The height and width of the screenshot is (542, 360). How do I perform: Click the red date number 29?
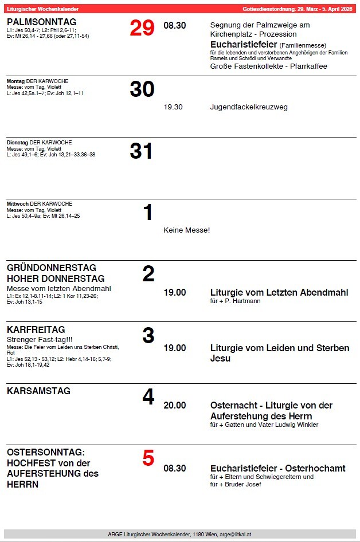coord(142,28)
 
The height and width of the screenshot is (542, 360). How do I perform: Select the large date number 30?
coord(142,89)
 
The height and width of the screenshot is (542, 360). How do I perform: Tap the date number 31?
coord(142,151)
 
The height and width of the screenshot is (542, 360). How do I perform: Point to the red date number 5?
coord(148,458)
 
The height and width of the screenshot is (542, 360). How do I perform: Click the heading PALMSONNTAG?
coord(41,22)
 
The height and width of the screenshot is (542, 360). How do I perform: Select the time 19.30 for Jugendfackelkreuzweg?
coord(173,107)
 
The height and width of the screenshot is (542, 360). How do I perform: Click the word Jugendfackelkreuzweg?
coord(249,107)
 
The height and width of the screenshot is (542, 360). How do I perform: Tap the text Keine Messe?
coord(187,230)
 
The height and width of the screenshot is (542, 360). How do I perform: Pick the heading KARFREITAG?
coord(36,330)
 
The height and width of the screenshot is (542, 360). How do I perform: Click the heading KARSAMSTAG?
coord(39,391)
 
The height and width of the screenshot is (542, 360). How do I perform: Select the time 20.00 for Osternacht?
coord(175,406)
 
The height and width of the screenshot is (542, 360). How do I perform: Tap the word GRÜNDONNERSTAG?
coord(52,268)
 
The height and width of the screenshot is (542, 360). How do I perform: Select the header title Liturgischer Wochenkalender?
coord(42,9)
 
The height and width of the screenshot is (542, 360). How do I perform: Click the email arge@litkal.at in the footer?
coord(236,534)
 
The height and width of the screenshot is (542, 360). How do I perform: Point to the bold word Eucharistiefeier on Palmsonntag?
coord(244,44)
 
